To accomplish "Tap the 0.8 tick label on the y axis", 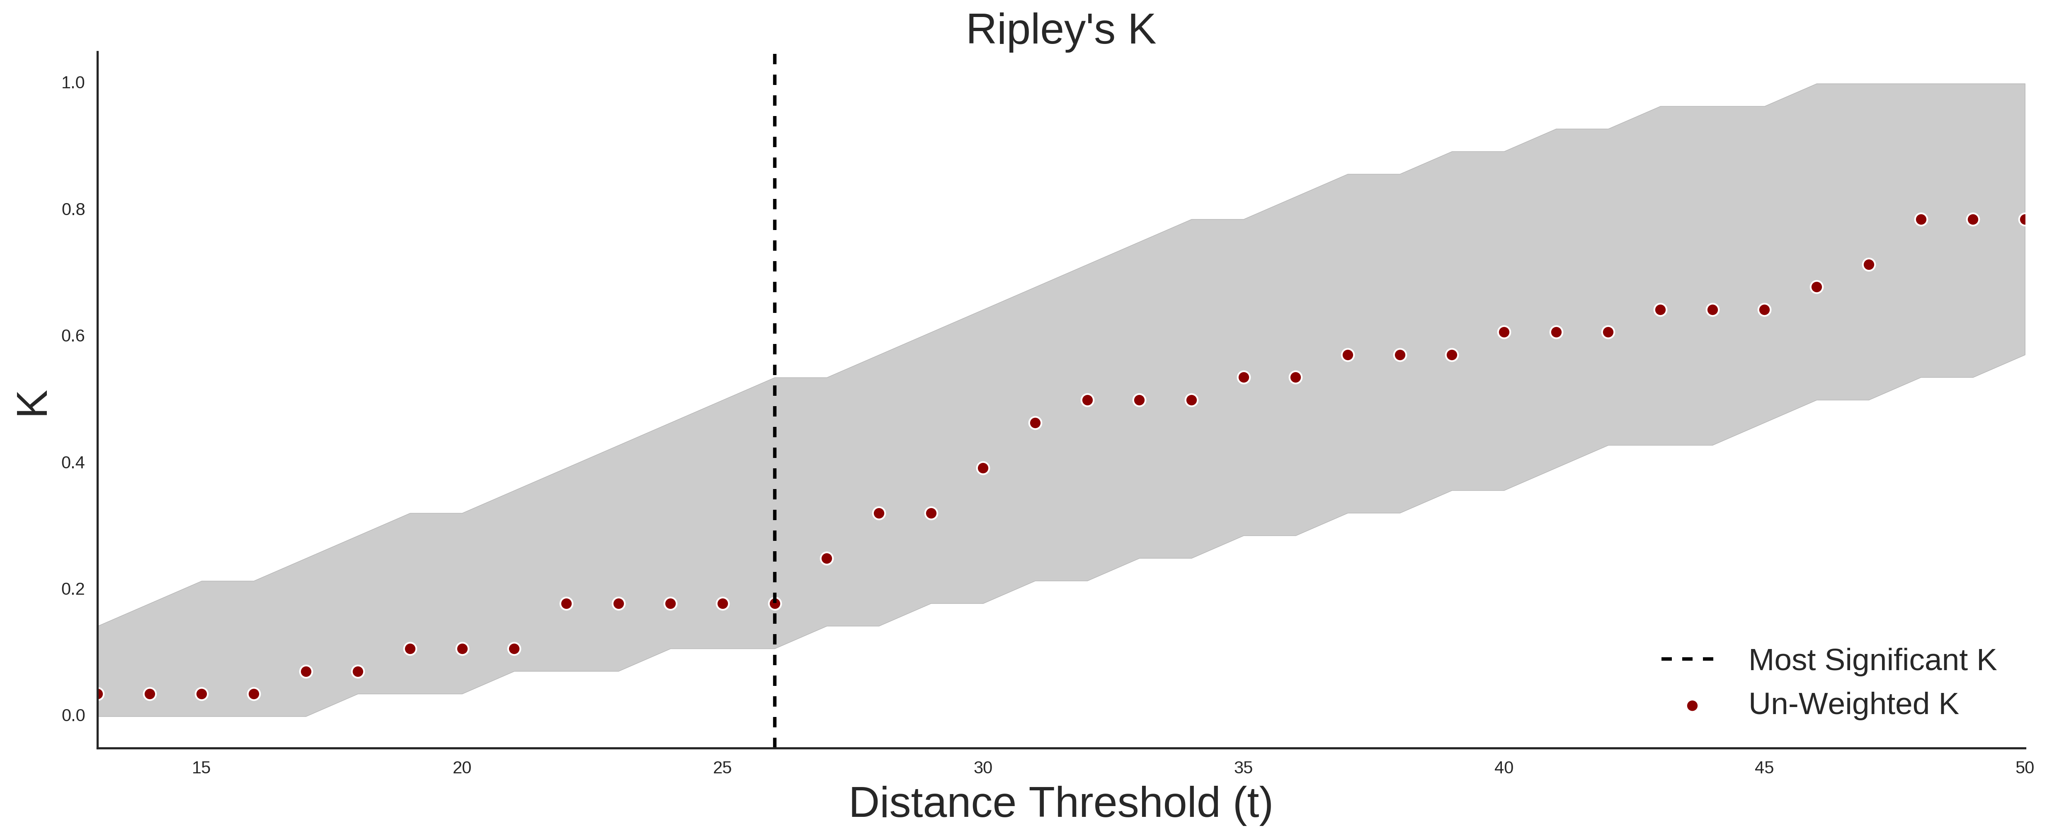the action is [73, 210].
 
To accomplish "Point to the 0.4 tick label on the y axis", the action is [73, 463].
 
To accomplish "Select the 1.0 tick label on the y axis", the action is [73, 82].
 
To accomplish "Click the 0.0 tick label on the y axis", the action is [73, 716].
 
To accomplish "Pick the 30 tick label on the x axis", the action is [983, 767].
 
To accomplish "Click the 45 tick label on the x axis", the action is [1764, 767].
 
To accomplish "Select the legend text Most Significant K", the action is [1872, 660].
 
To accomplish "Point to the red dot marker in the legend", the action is [1692, 705].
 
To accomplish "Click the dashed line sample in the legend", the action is [1688, 659].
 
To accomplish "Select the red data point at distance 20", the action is [462, 649].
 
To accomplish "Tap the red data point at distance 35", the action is [1244, 377].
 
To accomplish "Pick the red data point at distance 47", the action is [1868, 264].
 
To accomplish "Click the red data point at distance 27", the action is [827, 558].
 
